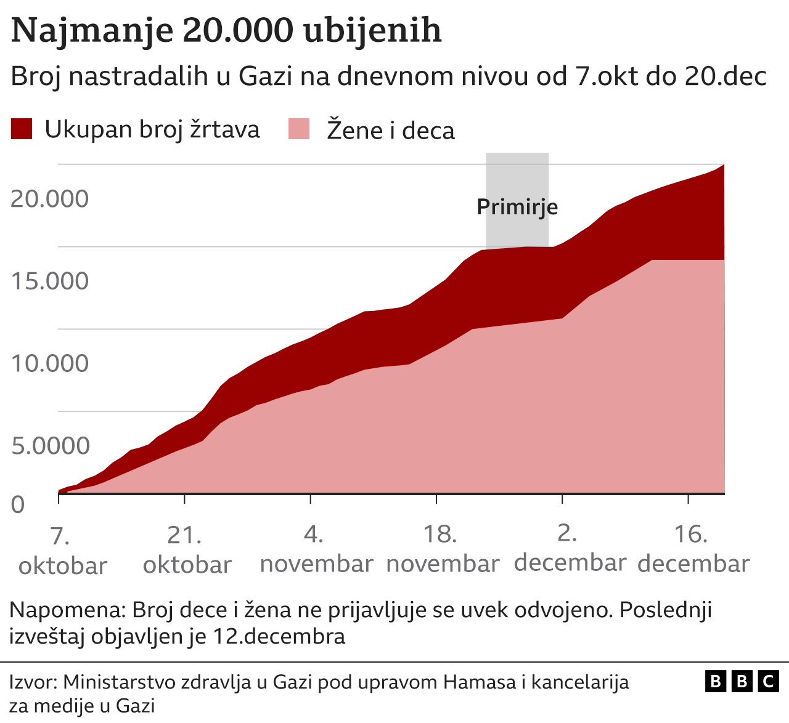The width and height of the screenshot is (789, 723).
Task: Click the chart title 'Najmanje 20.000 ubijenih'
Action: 226,30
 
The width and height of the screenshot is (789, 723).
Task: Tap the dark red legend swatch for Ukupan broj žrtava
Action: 22,129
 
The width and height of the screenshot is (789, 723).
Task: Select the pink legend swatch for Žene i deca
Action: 299,129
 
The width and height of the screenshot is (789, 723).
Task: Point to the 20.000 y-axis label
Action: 50,199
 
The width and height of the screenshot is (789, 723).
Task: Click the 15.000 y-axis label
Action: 50,281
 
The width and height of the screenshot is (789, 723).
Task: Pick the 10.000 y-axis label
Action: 50,363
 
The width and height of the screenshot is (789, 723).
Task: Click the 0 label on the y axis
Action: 18,505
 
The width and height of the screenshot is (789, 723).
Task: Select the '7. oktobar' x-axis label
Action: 62,551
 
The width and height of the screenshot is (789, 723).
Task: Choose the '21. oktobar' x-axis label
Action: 187,549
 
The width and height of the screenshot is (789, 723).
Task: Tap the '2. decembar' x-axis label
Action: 569,548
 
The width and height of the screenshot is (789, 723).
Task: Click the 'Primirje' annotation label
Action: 517,207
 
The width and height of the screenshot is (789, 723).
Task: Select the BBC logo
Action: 742,681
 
